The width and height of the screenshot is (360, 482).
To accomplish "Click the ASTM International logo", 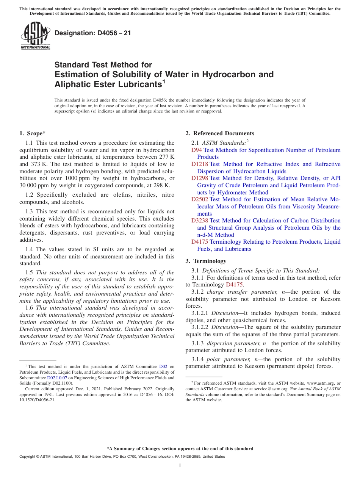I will click(35, 36).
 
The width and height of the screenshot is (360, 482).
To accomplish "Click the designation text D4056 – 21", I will click(92, 33).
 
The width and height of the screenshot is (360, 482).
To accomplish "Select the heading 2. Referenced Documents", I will click(219, 133).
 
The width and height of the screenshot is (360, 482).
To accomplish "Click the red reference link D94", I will click(197, 150).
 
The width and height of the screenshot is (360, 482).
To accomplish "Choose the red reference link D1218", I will click(200, 164).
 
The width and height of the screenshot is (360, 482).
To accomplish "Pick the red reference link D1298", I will click(200, 178).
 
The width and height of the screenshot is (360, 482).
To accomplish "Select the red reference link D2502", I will click(200, 199).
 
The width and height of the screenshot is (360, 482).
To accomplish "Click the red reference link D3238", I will click(200, 221).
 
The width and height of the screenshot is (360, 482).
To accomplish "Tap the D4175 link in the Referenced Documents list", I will click(200, 242).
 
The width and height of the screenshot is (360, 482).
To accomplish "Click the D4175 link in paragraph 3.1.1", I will click(234, 285).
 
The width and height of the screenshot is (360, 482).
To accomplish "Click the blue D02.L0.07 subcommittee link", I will click(57, 378).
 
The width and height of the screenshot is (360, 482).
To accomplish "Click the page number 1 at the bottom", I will click(180, 466).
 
